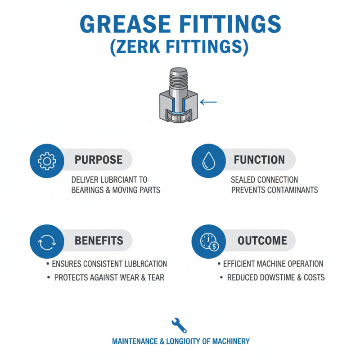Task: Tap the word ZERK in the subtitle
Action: (146, 47)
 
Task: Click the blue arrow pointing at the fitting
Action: (208, 102)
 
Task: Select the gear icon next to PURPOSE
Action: (45, 160)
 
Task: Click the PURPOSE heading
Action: (99, 160)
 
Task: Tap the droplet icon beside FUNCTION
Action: (207, 160)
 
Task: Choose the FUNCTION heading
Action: (259, 160)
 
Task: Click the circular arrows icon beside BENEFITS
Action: (45, 241)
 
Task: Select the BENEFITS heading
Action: (99, 241)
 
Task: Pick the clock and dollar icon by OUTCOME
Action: (207, 241)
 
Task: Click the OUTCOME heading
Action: (262, 241)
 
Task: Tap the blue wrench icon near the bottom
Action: (179, 324)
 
